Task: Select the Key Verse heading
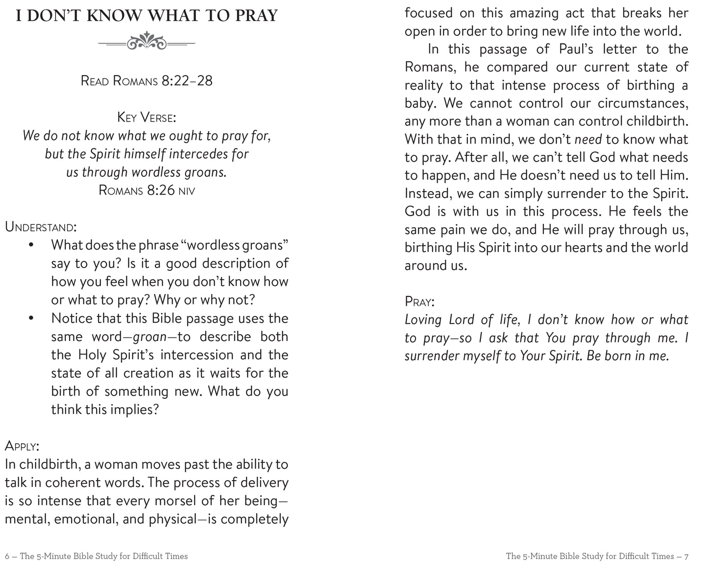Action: tap(146, 118)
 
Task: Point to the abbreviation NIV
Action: tap(186, 191)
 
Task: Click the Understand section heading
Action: tap(41, 227)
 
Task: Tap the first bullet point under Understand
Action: tap(31, 245)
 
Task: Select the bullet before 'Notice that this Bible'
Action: tap(31, 318)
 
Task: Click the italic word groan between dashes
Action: tap(150, 337)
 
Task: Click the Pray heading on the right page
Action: tap(420, 301)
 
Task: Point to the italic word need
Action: tap(588, 140)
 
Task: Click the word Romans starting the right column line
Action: tap(427, 68)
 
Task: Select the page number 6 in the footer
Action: tap(7, 556)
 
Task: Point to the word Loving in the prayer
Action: tap(423, 320)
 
